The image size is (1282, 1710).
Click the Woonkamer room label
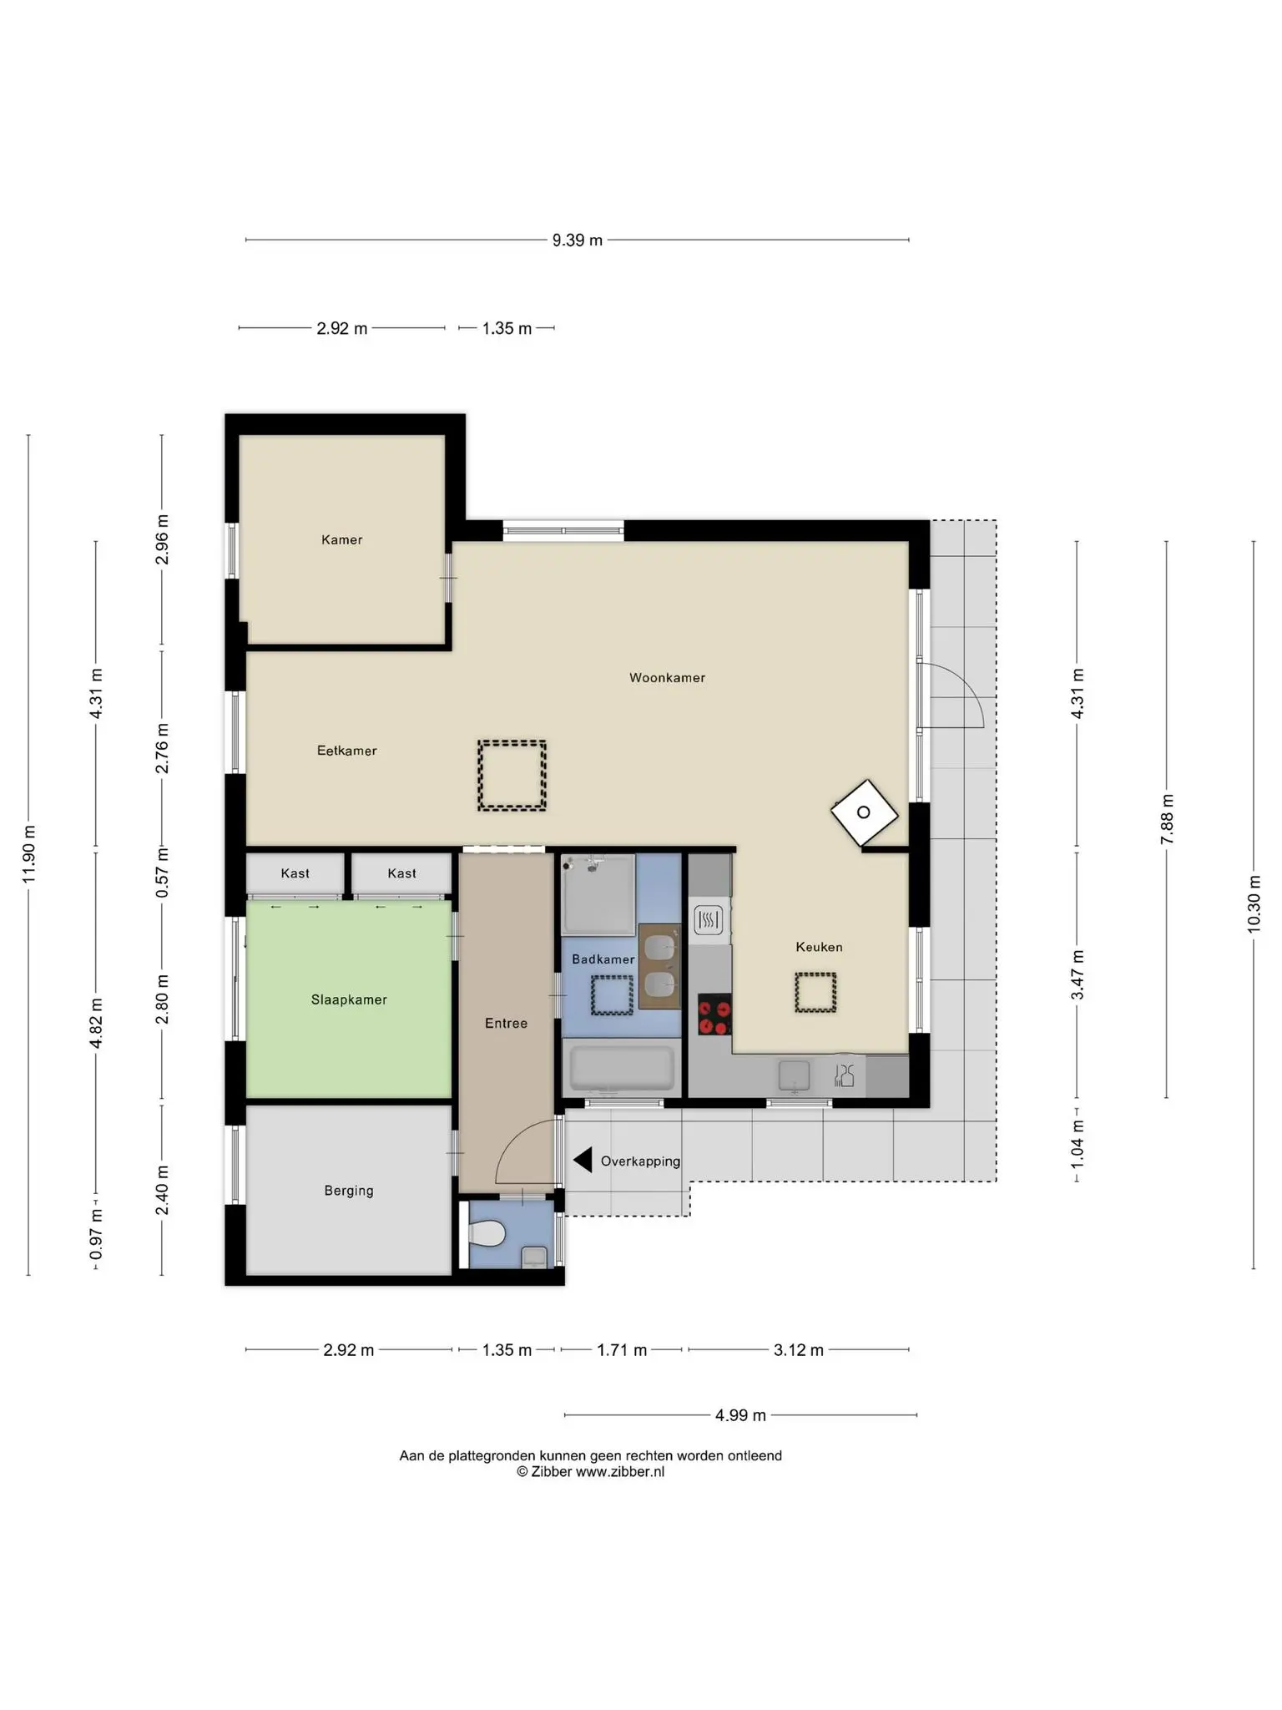[x=667, y=678]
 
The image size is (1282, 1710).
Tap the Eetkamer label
[x=346, y=751]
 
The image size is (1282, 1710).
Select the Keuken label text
[x=819, y=947]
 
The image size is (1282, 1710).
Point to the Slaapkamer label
[x=349, y=999]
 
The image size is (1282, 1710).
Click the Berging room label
[x=349, y=1191]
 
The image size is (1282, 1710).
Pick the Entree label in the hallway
[x=506, y=1023]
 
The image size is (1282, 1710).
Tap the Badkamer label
[x=603, y=959]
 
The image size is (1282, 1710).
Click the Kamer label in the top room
[x=341, y=540]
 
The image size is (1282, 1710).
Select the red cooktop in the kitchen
[x=714, y=1014]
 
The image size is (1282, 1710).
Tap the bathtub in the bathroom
[x=621, y=1068]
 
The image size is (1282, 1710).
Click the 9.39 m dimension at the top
[x=577, y=240]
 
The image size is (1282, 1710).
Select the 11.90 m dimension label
[x=29, y=853]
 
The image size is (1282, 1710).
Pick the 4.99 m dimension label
[x=740, y=1415]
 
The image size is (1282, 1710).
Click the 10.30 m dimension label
[x=1254, y=904]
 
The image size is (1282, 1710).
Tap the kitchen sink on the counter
[x=794, y=1076]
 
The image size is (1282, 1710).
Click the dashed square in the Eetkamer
[x=512, y=776]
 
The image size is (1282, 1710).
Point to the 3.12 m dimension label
[x=798, y=1350]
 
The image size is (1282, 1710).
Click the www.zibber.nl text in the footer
[x=620, y=1472]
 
